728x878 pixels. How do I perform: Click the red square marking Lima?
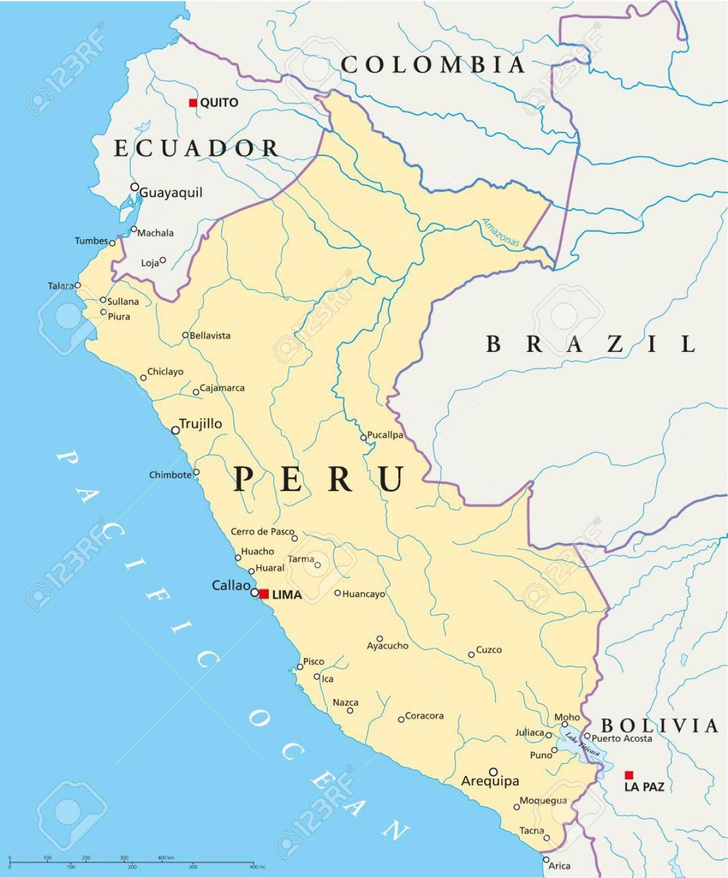(264, 594)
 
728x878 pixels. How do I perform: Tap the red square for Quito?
(193, 103)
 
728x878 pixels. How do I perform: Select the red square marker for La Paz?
(629, 775)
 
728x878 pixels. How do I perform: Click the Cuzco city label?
(488, 650)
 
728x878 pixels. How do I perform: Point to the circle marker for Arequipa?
(493, 772)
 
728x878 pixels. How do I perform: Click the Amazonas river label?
(501, 233)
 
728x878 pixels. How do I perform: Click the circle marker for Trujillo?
(175, 430)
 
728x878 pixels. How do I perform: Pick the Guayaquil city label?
(170, 193)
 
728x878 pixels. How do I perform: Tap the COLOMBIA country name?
(433, 65)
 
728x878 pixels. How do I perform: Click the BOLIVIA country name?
(659, 725)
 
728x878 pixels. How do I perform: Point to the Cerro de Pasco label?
(262, 532)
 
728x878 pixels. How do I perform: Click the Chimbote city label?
(170, 475)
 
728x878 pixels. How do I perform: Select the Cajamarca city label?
(222, 388)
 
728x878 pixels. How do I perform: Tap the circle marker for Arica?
(545, 860)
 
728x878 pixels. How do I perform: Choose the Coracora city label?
(424, 716)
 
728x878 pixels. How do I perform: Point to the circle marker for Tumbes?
(112, 243)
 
